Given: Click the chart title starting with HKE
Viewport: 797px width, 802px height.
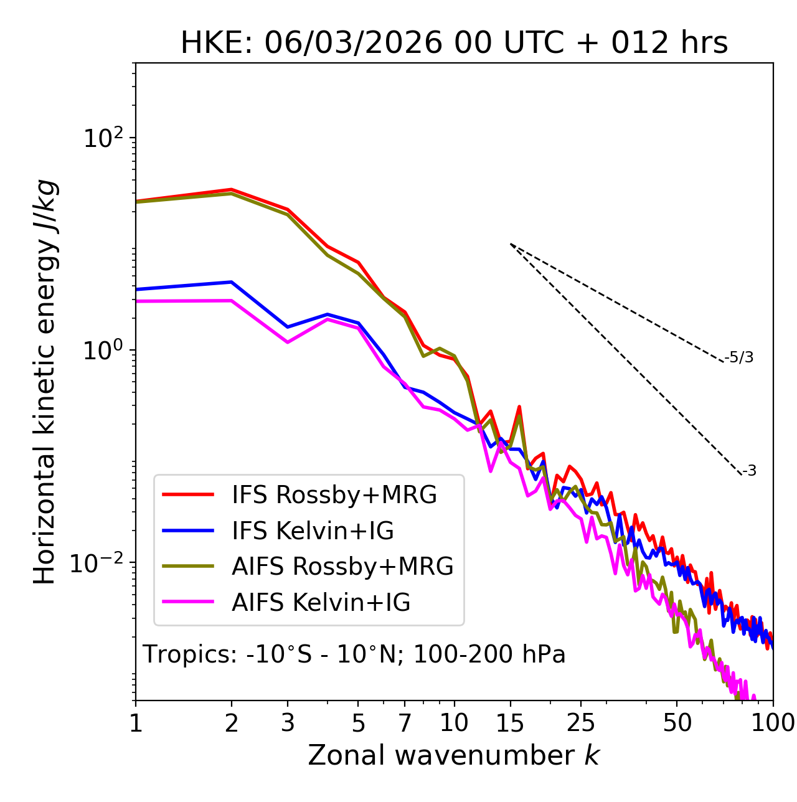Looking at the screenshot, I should pyautogui.click(x=454, y=43).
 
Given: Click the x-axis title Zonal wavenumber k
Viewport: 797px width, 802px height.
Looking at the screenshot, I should pyautogui.click(x=454, y=755).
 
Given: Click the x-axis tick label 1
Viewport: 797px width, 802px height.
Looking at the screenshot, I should pyautogui.click(x=136, y=723).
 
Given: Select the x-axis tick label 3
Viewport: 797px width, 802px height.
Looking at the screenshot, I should pyautogui.click(x=288, y=723).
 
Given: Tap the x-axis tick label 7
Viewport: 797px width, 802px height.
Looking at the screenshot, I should pyautogui.click(x=405, y=723).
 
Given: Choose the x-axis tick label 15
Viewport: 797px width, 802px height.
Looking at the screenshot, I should pyautogui.click(x=510, y=723).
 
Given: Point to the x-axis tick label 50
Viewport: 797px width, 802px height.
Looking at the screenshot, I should pyautogui.click(x=677, y=723).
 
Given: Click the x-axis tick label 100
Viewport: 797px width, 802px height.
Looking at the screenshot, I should pyautogui.click(x=773, y=723).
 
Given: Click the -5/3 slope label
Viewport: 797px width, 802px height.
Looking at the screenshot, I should pyautogui.click(x=740, y=357).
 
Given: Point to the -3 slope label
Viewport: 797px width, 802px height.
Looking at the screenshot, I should pyautogui.click(x=749, y=471).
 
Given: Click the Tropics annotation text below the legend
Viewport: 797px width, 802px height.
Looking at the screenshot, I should pyautogui.click(x=354, y=654).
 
